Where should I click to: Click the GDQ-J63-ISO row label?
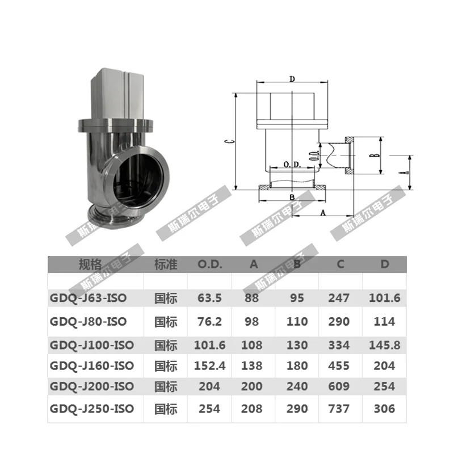point(88,298)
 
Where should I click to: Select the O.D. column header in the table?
point(209,264)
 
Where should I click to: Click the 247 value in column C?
point(339,298)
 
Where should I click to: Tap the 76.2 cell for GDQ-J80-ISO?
point(209,321)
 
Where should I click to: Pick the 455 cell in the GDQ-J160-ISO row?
point(339,366)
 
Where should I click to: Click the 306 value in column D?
point(385,409)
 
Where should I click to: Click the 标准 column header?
point(166,264)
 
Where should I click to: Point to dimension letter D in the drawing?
point(291,79)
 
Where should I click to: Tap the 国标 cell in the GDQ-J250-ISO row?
point(166,409)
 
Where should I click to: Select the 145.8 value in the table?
point(385,345)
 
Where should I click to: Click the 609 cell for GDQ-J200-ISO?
point(339,387)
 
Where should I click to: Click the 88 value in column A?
point(251,298)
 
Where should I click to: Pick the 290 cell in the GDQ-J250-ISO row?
point(297,409)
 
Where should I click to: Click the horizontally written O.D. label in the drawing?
point(291,165)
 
